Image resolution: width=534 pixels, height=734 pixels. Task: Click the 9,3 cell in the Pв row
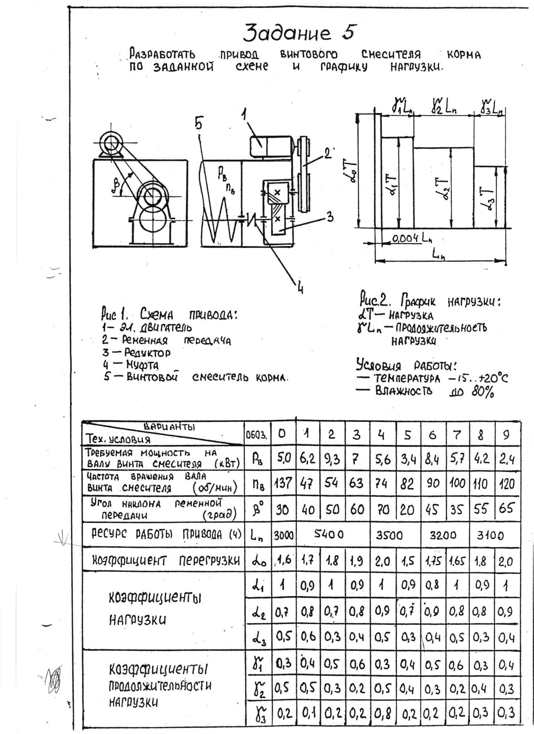tap(332, 460)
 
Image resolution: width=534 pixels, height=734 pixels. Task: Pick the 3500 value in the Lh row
tap(389, 535)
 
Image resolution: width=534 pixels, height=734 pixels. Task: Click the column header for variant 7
tap(457, 435)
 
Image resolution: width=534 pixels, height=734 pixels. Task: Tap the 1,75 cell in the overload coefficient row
tap(432, 562)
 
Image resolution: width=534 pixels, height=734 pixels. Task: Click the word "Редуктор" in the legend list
tap(147, 352)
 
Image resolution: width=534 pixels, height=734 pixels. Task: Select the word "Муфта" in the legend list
tap(142, 364)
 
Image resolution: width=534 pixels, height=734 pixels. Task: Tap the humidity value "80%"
tap(483, 392)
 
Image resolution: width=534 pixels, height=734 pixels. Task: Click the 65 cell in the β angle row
tap(506, 509)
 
